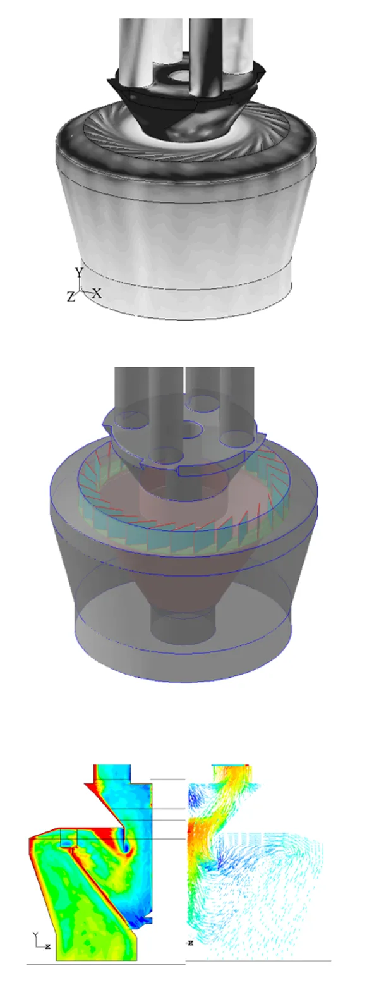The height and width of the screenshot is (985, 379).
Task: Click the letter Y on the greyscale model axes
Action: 79,272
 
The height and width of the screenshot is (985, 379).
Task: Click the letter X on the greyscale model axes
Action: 97,293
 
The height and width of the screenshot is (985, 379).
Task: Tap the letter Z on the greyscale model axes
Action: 71,297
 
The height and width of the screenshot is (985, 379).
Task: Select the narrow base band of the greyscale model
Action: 189,297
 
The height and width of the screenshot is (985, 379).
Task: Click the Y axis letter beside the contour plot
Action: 36,934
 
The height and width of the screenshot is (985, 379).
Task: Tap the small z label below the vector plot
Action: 189,943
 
